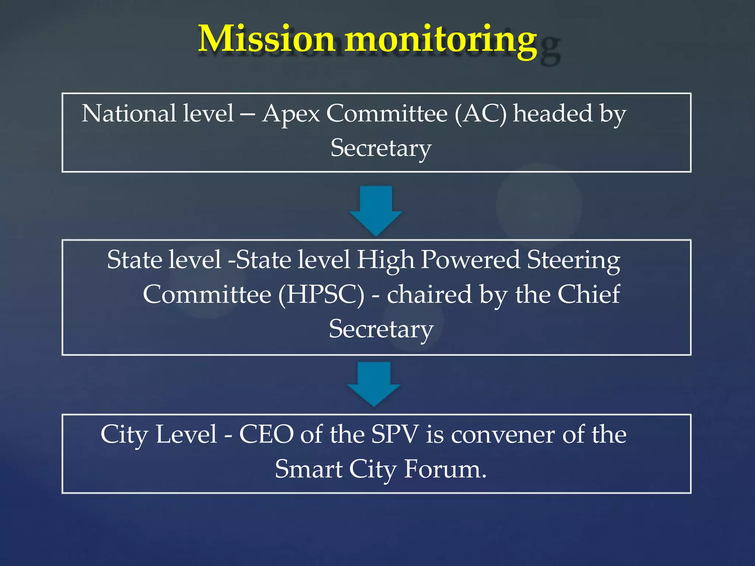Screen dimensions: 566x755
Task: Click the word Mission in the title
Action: pyautogui.click(x=266, y=39)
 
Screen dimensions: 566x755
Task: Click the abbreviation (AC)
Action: pyautogui.click(x=480, y=114)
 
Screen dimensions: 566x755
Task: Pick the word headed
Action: pyautogui.click(x=553, y=113)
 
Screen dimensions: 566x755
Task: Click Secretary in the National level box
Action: pyautogui.click(x=380, y=149)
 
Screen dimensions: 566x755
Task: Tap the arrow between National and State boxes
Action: pyautogui.click(x=376, y=210)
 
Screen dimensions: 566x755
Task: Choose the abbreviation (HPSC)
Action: pyautogui.click(x=321, y=295)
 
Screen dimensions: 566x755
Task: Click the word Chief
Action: pyautogui.click(x=588, y=294)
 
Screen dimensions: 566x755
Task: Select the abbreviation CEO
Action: pyautogui.click(x=266, y=434)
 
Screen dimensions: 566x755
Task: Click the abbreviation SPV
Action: pyautogui.click(x=395, y=434)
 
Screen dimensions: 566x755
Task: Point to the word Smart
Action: pyautogui.click(x=309, y=469)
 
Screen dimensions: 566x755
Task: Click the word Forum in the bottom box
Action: pyautogui.click(x=445, y=469)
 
